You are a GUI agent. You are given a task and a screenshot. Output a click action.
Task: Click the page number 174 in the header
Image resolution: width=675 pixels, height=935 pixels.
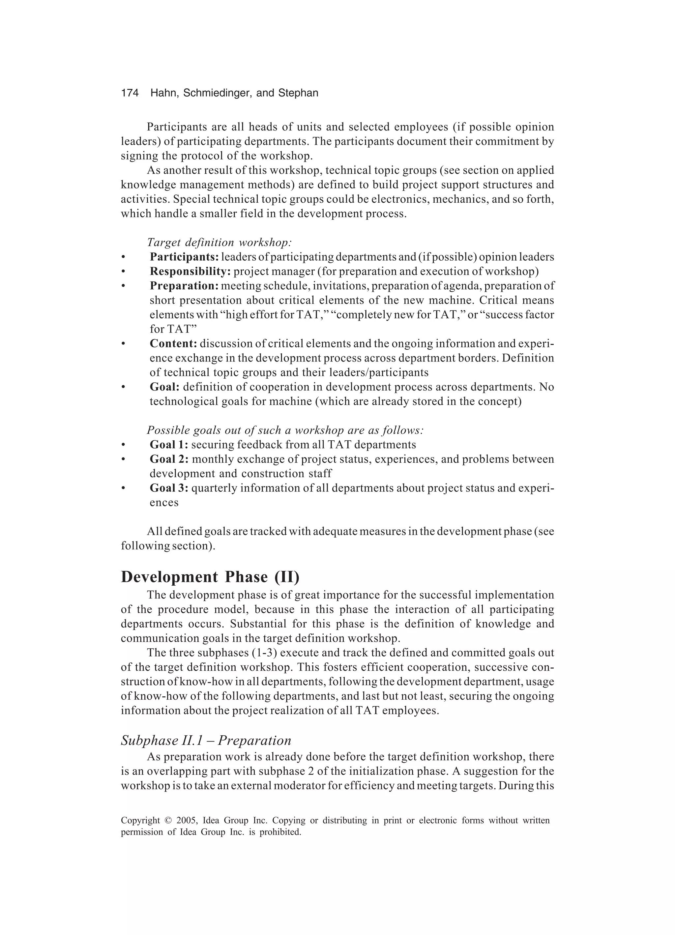click(x=130, y=93)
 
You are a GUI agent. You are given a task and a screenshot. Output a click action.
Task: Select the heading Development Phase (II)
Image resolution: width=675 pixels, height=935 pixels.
click(x=210, y=577)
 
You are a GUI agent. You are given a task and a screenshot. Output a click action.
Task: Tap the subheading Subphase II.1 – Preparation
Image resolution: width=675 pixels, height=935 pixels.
click(x=206, y=741)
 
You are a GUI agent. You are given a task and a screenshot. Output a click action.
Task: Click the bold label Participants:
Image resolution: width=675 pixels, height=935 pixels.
click(x=184, y=257)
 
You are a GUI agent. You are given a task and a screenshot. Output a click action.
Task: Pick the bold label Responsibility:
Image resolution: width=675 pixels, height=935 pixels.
click(x=190, y=271)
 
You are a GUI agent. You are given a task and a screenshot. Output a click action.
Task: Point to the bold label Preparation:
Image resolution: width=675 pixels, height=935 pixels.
click(x=184, y=286)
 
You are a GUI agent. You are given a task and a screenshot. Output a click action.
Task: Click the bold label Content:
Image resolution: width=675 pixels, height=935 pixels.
click(x=173, y=343)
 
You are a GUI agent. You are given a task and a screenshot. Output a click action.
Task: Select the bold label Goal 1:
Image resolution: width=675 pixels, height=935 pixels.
click(x=169, y=444)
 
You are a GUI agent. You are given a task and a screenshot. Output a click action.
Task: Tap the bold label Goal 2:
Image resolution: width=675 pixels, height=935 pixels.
click(x=169, y=459)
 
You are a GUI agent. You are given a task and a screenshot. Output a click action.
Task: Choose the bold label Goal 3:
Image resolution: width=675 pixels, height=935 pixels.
click(x=169, y=488)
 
